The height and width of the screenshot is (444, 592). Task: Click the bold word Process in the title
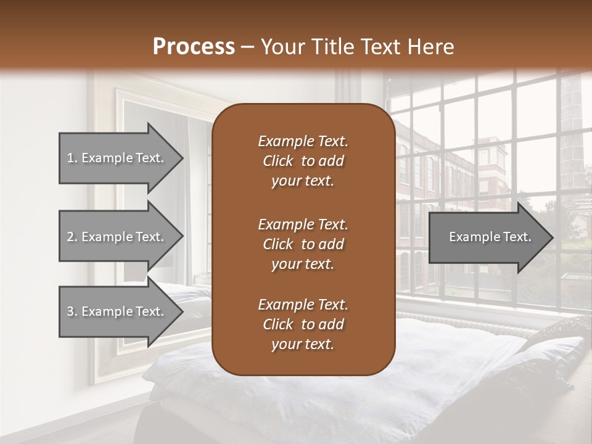point(194,46)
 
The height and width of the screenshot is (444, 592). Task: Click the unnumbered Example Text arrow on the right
point(490,237)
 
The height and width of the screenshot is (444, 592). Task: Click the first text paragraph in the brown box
point(303,161)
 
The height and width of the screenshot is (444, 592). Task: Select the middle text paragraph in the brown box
point(303,244)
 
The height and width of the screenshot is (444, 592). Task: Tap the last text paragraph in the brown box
point(303,324)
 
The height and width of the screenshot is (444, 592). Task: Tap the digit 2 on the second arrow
point(70,237)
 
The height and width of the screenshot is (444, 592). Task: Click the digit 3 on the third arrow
point(70,311)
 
